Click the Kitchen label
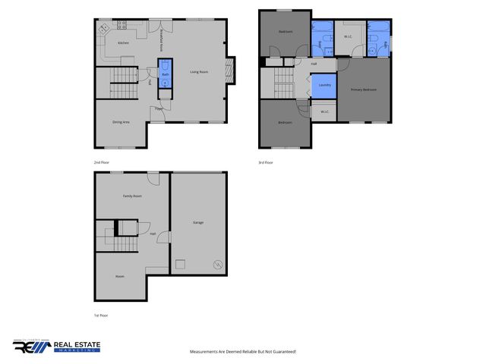point(123,43)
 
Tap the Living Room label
point(199,72)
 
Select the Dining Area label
point(120,122)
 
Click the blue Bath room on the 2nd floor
point(165,75)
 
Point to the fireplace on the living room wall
point(233,71)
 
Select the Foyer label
point(159,109)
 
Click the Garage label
point(198,222)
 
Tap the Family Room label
point(133,196)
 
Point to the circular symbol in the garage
point(217,265)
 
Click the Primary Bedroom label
point(364,89)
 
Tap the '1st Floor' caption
point(101,315)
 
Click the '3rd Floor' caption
point(266,162)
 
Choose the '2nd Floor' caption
point(102,162)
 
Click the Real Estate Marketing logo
point(56,346)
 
